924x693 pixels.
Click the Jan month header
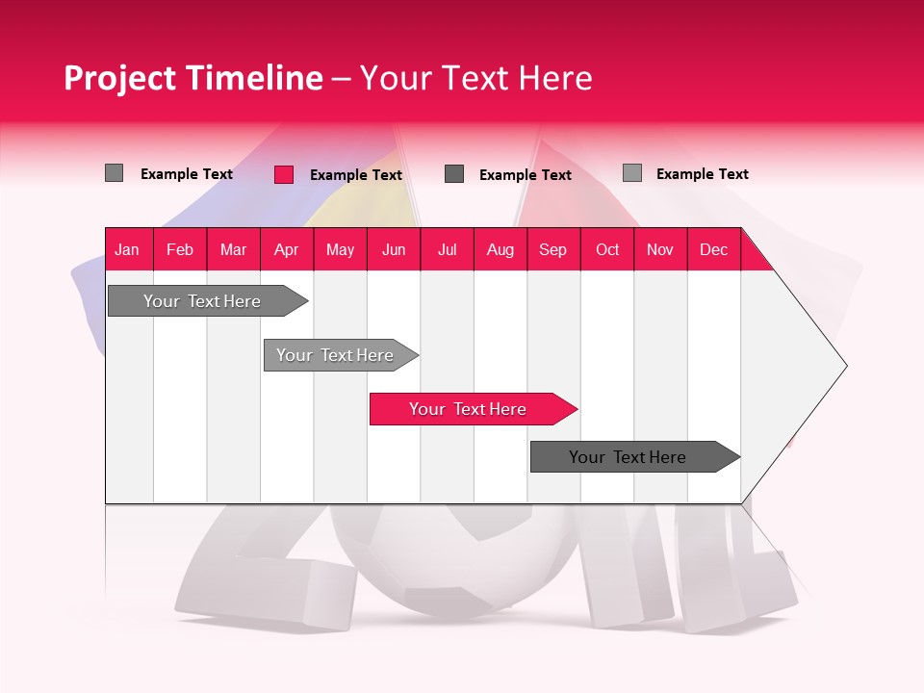click(x=128, y=249)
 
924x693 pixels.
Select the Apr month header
click(x=287, y=249)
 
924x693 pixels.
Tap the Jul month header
click(x=447, y=249)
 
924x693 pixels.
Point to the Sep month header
click(x=553, y=249)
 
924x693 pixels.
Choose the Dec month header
click(x=713, y=249)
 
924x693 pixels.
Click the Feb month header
click(x=180, y=249)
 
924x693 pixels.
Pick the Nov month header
click(x=660, y=249)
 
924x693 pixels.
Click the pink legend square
click(x=283, y=174)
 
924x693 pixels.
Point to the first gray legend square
click(x=114, y=173)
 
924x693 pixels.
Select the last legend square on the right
click(x=632, y=173)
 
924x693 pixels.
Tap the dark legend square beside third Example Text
click(x=454, y=174)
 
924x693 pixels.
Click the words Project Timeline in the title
click(x=192, y=78)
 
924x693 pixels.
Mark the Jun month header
click(x=394, y=249)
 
